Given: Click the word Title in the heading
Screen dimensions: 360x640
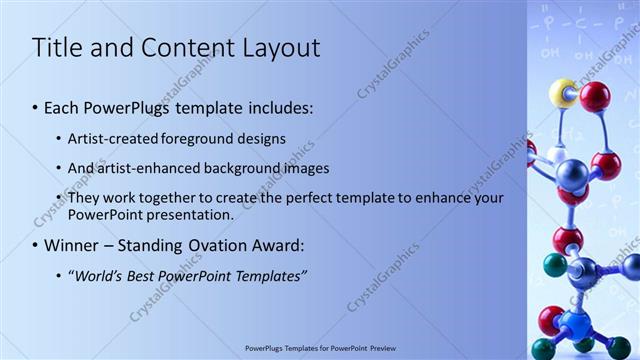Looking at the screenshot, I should tap(58, 47).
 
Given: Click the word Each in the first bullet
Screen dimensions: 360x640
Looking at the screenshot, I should tap(62, 107).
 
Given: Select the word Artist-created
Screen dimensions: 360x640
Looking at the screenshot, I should tap(110, 139).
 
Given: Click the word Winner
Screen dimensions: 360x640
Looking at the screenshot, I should tap(71, 245).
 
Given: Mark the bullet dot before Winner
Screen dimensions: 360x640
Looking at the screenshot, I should tap(36, 246).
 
